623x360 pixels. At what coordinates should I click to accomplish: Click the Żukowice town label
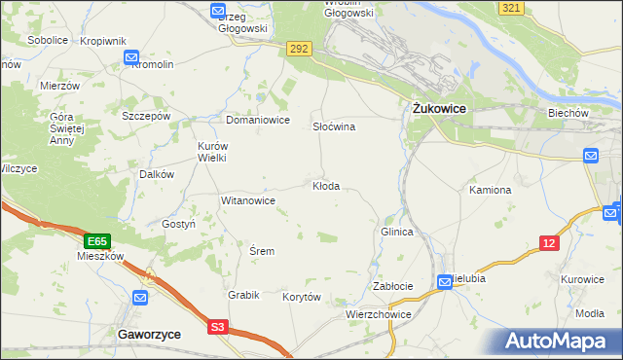tap(435, 109)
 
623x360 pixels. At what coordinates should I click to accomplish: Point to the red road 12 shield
tap(550, 243)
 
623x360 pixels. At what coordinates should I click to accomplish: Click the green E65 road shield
tap(96, 241)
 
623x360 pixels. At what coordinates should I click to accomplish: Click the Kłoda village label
tap(325, 186)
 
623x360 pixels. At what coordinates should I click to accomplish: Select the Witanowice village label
tap(248, 200)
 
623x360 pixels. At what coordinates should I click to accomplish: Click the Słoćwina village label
tap(333, 127)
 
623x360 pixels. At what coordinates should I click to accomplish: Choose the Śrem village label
tap(262, 251)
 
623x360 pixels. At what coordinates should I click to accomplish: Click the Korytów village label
tap(301, 297)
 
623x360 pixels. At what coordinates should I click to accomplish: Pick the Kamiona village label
tap(490, 190)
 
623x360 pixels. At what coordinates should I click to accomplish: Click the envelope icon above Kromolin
tap(131, 59)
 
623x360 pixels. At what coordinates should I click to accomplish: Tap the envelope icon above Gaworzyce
tap(141, 298)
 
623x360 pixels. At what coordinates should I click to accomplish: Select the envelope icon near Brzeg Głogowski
tap(218, 11)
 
